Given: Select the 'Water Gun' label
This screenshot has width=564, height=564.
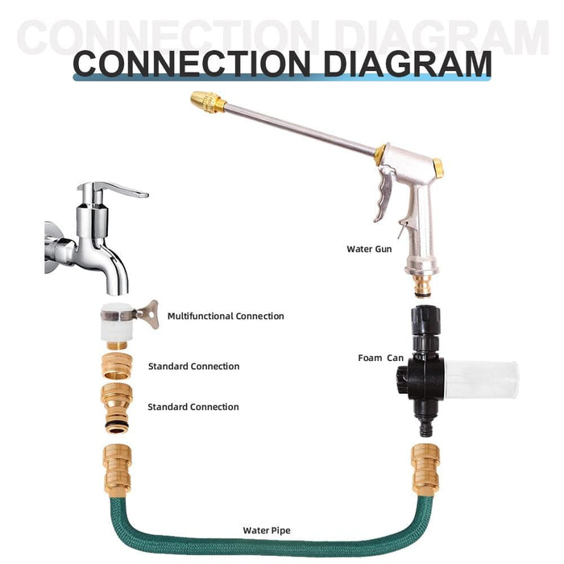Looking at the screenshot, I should [369, 249].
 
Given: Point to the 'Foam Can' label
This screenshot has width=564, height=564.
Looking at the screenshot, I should [381, 358].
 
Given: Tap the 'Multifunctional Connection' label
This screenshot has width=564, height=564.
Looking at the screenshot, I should [226, 317].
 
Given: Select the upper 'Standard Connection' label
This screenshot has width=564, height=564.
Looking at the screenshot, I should [193, 367].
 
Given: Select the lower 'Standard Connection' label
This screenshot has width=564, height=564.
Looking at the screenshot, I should [193, 407].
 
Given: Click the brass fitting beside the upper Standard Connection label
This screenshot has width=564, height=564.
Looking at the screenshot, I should [118, 367].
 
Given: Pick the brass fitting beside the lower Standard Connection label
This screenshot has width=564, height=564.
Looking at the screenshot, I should [118, 407].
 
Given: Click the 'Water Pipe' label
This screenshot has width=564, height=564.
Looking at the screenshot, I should [267, 530].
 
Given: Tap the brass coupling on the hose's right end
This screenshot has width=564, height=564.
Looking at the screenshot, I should [425, 469].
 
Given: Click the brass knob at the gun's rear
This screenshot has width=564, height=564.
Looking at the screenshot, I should [438, 168].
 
